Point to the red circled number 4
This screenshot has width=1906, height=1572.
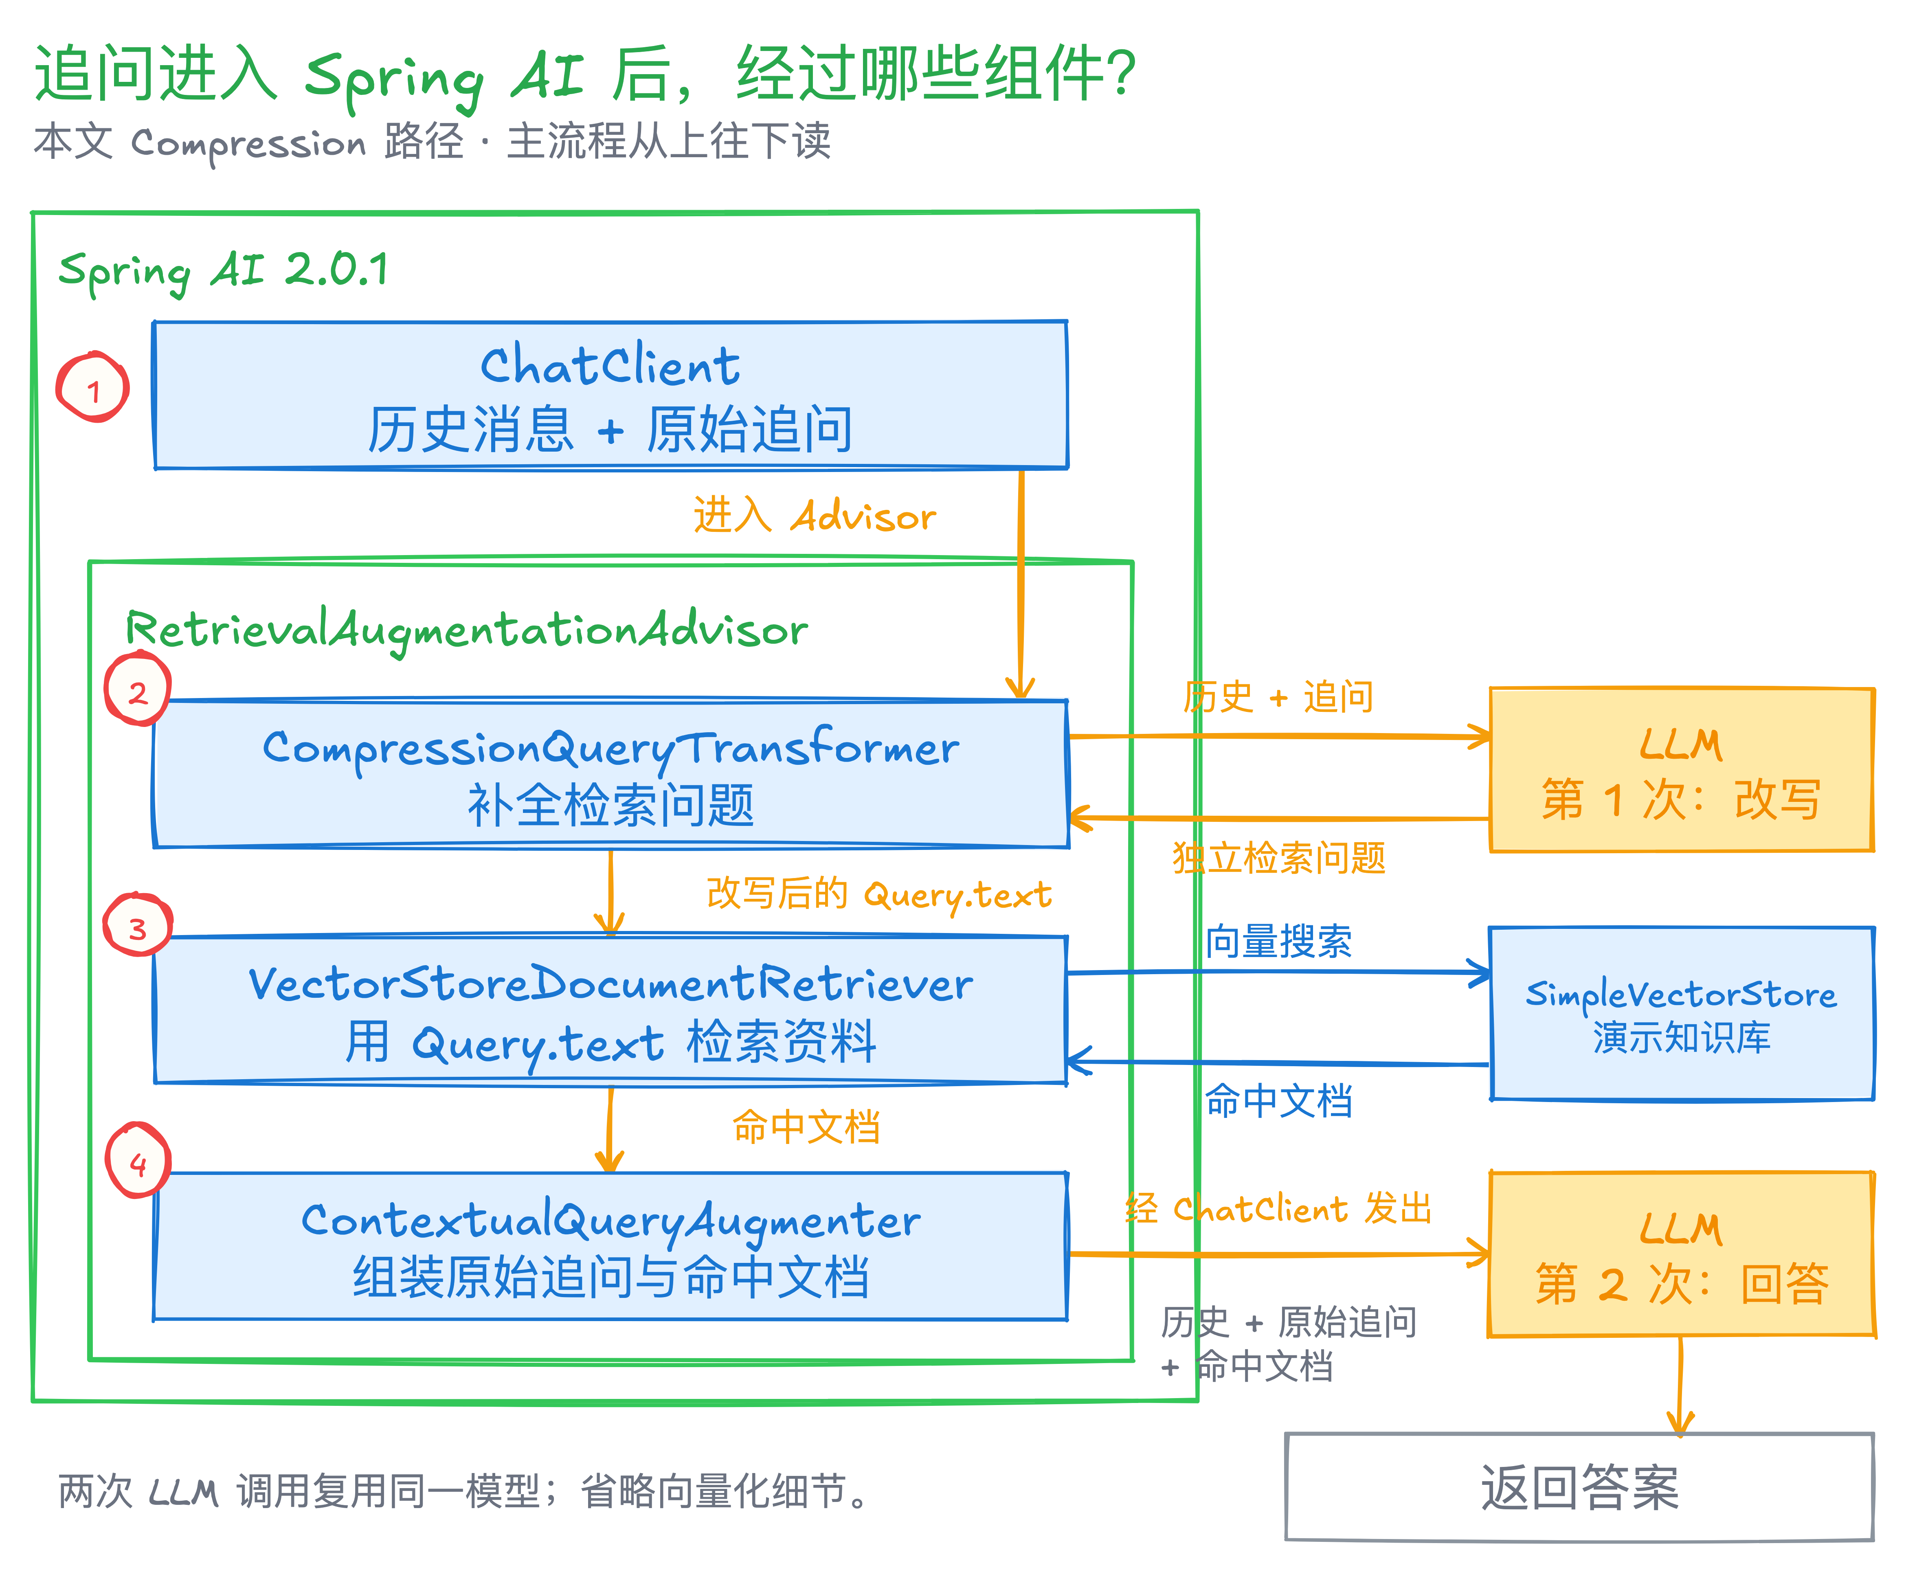tap(138, 1161)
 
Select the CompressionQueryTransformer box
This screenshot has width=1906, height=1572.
tap(611, 773)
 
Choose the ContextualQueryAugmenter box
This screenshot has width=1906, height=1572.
tap(611, 1246)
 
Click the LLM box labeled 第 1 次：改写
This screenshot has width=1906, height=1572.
tap(1682, 770)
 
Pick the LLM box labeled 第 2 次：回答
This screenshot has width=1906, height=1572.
tap(1682, 1254)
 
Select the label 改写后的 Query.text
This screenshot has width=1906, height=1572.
tap(878, 895)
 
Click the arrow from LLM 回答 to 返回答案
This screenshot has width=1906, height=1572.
tap(1680, 1385)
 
